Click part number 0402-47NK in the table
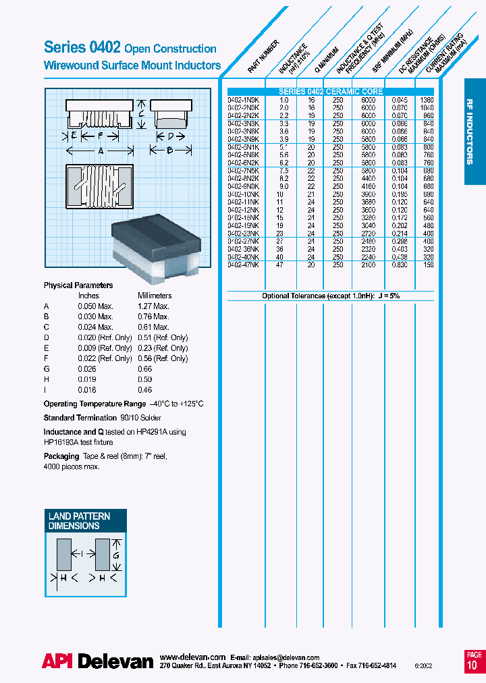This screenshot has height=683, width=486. (x=244, y=265)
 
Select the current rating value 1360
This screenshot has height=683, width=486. (x=427, y=99)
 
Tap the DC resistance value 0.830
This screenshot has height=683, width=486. (x=400, y=265)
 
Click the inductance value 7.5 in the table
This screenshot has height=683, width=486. (x=283, y=171)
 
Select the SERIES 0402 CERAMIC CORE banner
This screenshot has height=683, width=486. (x=331, y=92)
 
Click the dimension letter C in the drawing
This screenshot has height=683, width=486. (x=141, y=114)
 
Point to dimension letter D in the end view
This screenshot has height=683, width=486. (x=171, y=135)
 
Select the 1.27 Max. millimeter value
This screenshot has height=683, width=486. (x=153, y=306)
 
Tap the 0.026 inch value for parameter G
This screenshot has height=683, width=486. (x=88, y=369)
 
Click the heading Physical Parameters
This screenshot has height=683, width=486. (x=78, y=285)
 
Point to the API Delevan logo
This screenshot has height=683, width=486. (x=98, y=661)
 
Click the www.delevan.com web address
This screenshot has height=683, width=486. (x=192, y=657)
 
